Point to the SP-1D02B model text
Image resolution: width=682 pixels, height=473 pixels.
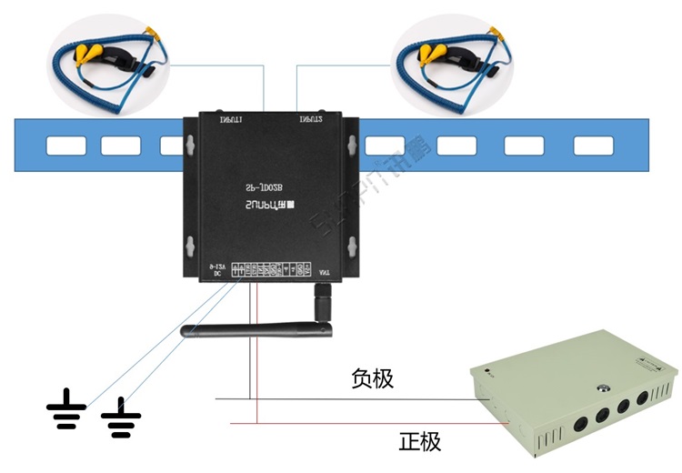click(x=267, y=185)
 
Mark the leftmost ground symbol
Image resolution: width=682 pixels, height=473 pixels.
click(x=66, y=410)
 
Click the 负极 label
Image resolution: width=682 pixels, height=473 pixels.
click(x=373, y=378)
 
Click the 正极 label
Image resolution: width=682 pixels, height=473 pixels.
click(x=419, y=443)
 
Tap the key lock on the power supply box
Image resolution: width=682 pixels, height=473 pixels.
click(x=602, y=388)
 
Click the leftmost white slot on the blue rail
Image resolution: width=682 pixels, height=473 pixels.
click(x=66, y=146)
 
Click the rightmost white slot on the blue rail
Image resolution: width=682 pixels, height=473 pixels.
click(x=595, y=146)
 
